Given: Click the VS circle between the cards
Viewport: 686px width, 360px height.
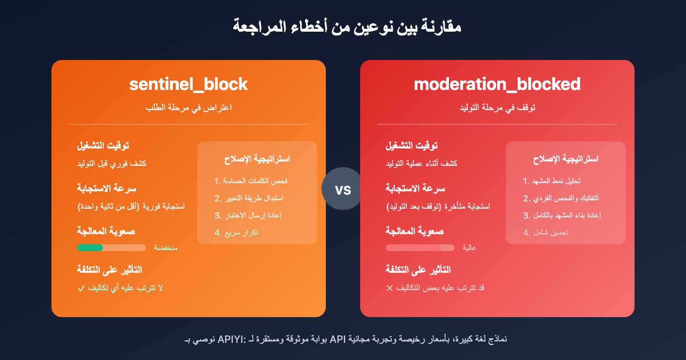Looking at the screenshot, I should (343, 189).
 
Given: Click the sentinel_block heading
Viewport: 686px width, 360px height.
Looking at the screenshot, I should (189, 84).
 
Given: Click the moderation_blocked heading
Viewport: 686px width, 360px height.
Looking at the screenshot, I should (497, 84).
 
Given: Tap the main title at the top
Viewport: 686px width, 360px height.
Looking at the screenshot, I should (347, 26).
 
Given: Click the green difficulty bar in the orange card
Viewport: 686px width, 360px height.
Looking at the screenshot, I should (90, 248).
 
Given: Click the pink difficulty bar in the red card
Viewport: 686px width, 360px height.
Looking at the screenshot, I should (414, 248).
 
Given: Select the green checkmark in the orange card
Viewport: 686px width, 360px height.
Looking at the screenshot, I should (81, 288).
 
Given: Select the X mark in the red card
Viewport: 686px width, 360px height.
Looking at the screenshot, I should (389, 288).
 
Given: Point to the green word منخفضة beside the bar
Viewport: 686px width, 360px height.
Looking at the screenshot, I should (165, 248).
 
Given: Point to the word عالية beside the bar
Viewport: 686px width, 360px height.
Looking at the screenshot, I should (469, 248).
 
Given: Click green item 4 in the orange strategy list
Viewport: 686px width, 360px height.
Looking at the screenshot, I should (236, 233).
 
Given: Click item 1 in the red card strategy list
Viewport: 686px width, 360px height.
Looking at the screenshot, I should (552, 181).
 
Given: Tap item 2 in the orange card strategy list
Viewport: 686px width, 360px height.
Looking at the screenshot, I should (249, 198).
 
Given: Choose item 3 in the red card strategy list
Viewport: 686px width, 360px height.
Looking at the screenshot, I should (562, 216).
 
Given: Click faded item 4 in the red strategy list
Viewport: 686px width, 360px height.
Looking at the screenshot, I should (546, 233).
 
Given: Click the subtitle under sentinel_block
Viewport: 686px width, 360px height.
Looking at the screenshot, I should (189, 108).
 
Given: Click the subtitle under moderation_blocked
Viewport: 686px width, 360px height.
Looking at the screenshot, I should (497, 108).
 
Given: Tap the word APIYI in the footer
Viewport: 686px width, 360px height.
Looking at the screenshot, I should (231, 339).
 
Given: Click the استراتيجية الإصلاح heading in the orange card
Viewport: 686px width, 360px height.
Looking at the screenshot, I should (257, 159).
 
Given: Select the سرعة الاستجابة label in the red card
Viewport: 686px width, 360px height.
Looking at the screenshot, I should (415, 188).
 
